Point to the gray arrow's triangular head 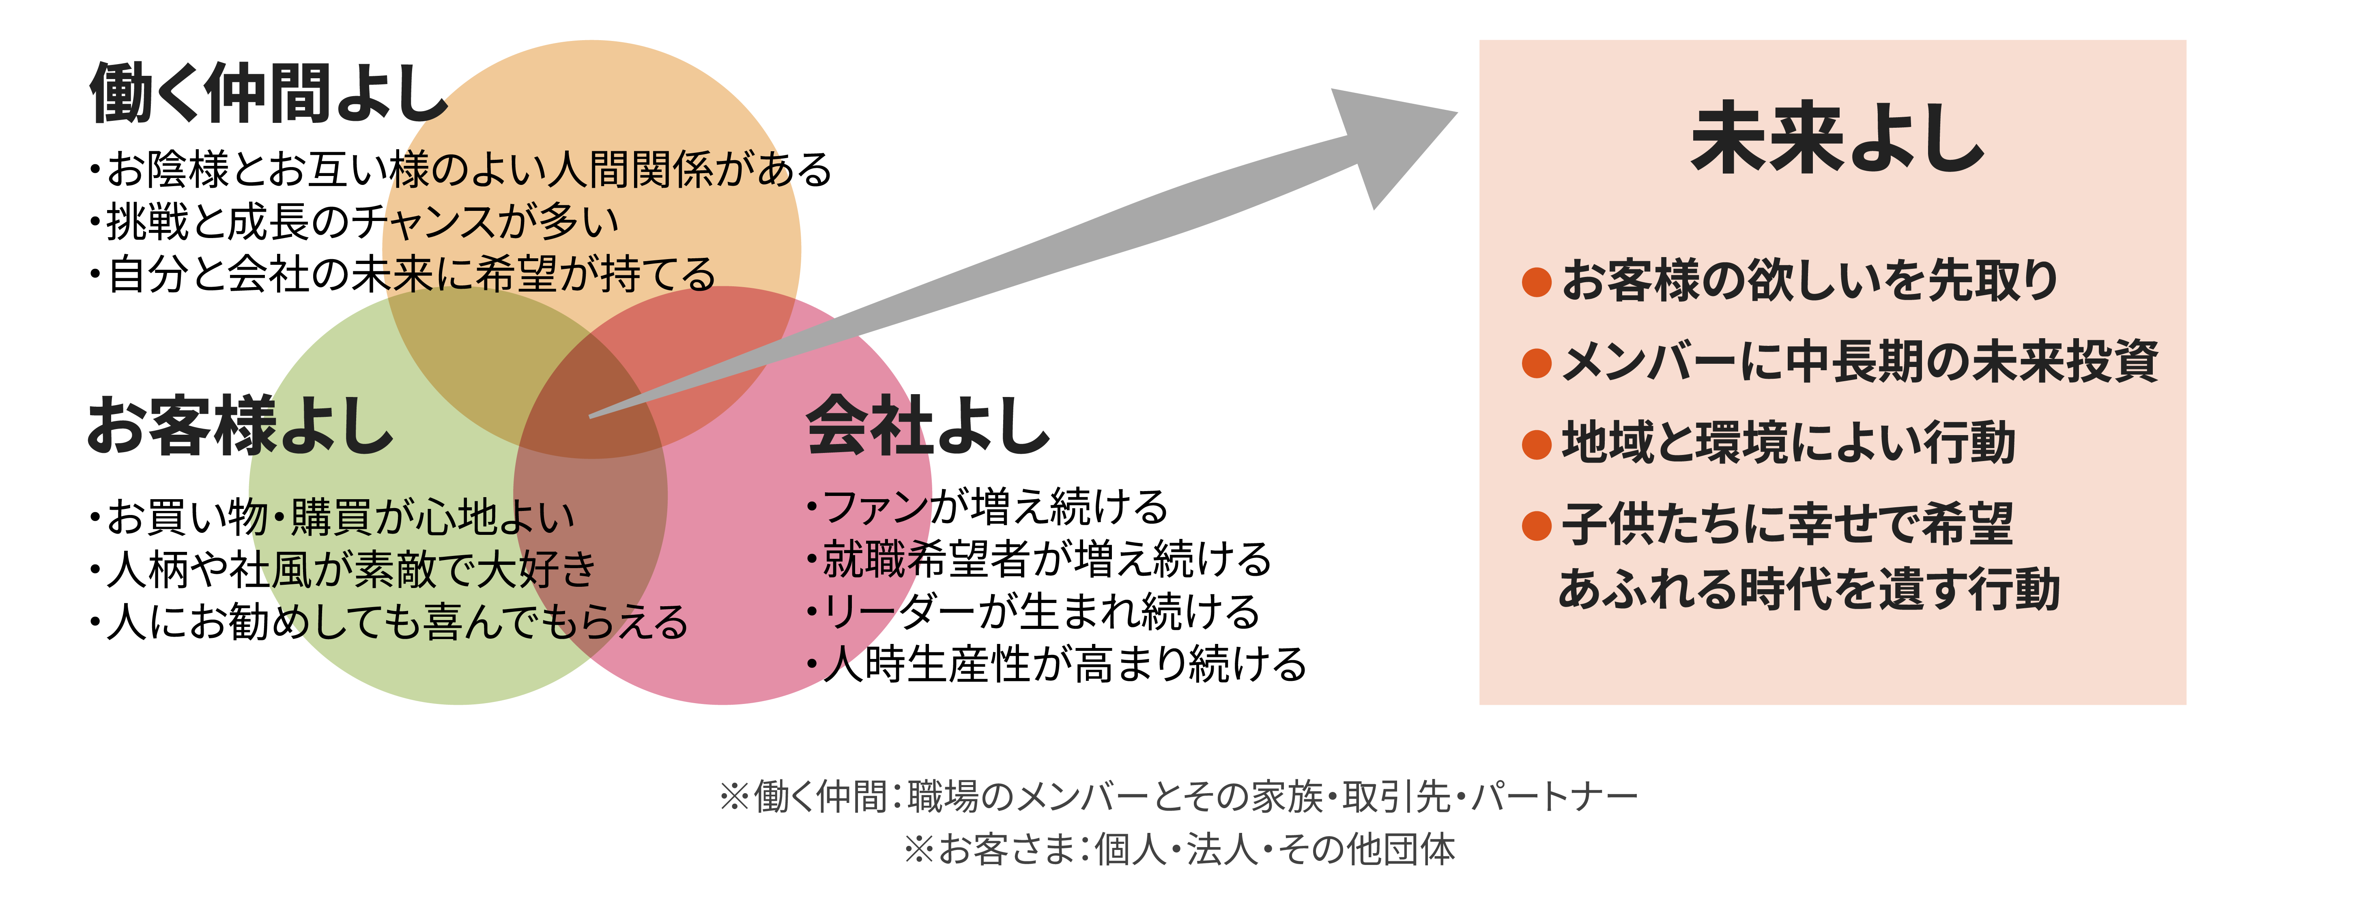coord(1389,142)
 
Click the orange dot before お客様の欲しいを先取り coord(1536,281)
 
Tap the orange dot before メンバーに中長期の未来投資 coord(1536,363)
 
